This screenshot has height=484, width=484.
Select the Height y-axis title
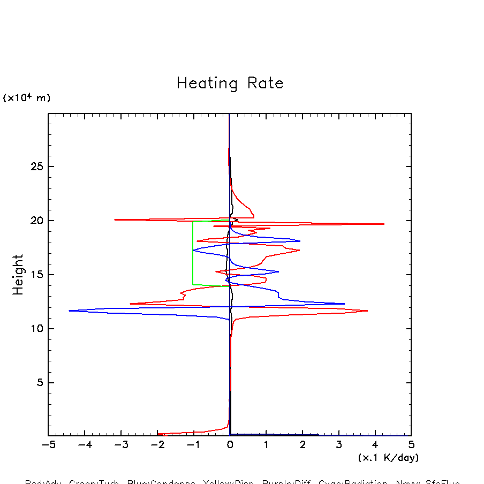point(18,274)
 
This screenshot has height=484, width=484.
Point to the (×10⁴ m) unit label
point(27,98)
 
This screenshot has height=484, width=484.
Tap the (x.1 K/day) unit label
point(388,458)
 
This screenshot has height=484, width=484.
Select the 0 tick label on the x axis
point(230,445)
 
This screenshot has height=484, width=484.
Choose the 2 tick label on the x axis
point(303,445)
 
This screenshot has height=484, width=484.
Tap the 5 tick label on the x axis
point(411,445)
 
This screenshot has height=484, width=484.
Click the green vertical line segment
point(193,252)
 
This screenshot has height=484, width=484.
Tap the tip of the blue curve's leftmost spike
point(69,311)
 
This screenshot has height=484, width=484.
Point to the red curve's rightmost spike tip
point(384,224)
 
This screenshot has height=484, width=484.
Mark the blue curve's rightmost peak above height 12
point(344,304)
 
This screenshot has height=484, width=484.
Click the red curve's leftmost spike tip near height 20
point(115,220)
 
